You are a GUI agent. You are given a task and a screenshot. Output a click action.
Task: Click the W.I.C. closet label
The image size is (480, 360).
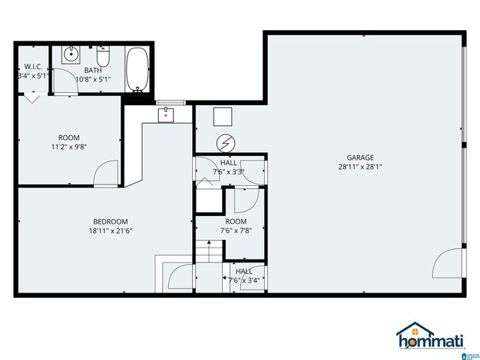32,66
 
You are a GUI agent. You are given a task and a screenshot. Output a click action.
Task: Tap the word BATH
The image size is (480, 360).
93,69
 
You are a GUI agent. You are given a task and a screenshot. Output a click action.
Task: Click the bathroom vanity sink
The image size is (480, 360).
69,55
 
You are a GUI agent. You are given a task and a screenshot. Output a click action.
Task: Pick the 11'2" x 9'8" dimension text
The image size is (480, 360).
69,148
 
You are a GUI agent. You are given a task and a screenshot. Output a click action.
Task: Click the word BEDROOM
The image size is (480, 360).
110,221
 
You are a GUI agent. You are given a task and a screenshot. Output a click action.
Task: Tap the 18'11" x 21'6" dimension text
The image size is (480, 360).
110,232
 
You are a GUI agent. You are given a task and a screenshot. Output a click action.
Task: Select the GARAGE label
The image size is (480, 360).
360,157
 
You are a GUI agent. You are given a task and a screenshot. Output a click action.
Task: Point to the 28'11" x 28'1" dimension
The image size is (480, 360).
360,168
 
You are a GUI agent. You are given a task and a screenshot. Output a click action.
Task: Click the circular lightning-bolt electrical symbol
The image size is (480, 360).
225,142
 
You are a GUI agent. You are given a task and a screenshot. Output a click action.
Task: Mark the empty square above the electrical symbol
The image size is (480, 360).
223,115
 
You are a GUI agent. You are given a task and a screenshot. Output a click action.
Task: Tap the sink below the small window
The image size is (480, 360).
166,114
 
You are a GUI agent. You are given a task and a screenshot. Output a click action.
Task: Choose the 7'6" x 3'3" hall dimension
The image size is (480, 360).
229,172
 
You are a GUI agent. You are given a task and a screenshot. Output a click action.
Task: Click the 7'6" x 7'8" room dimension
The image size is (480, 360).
235,232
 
